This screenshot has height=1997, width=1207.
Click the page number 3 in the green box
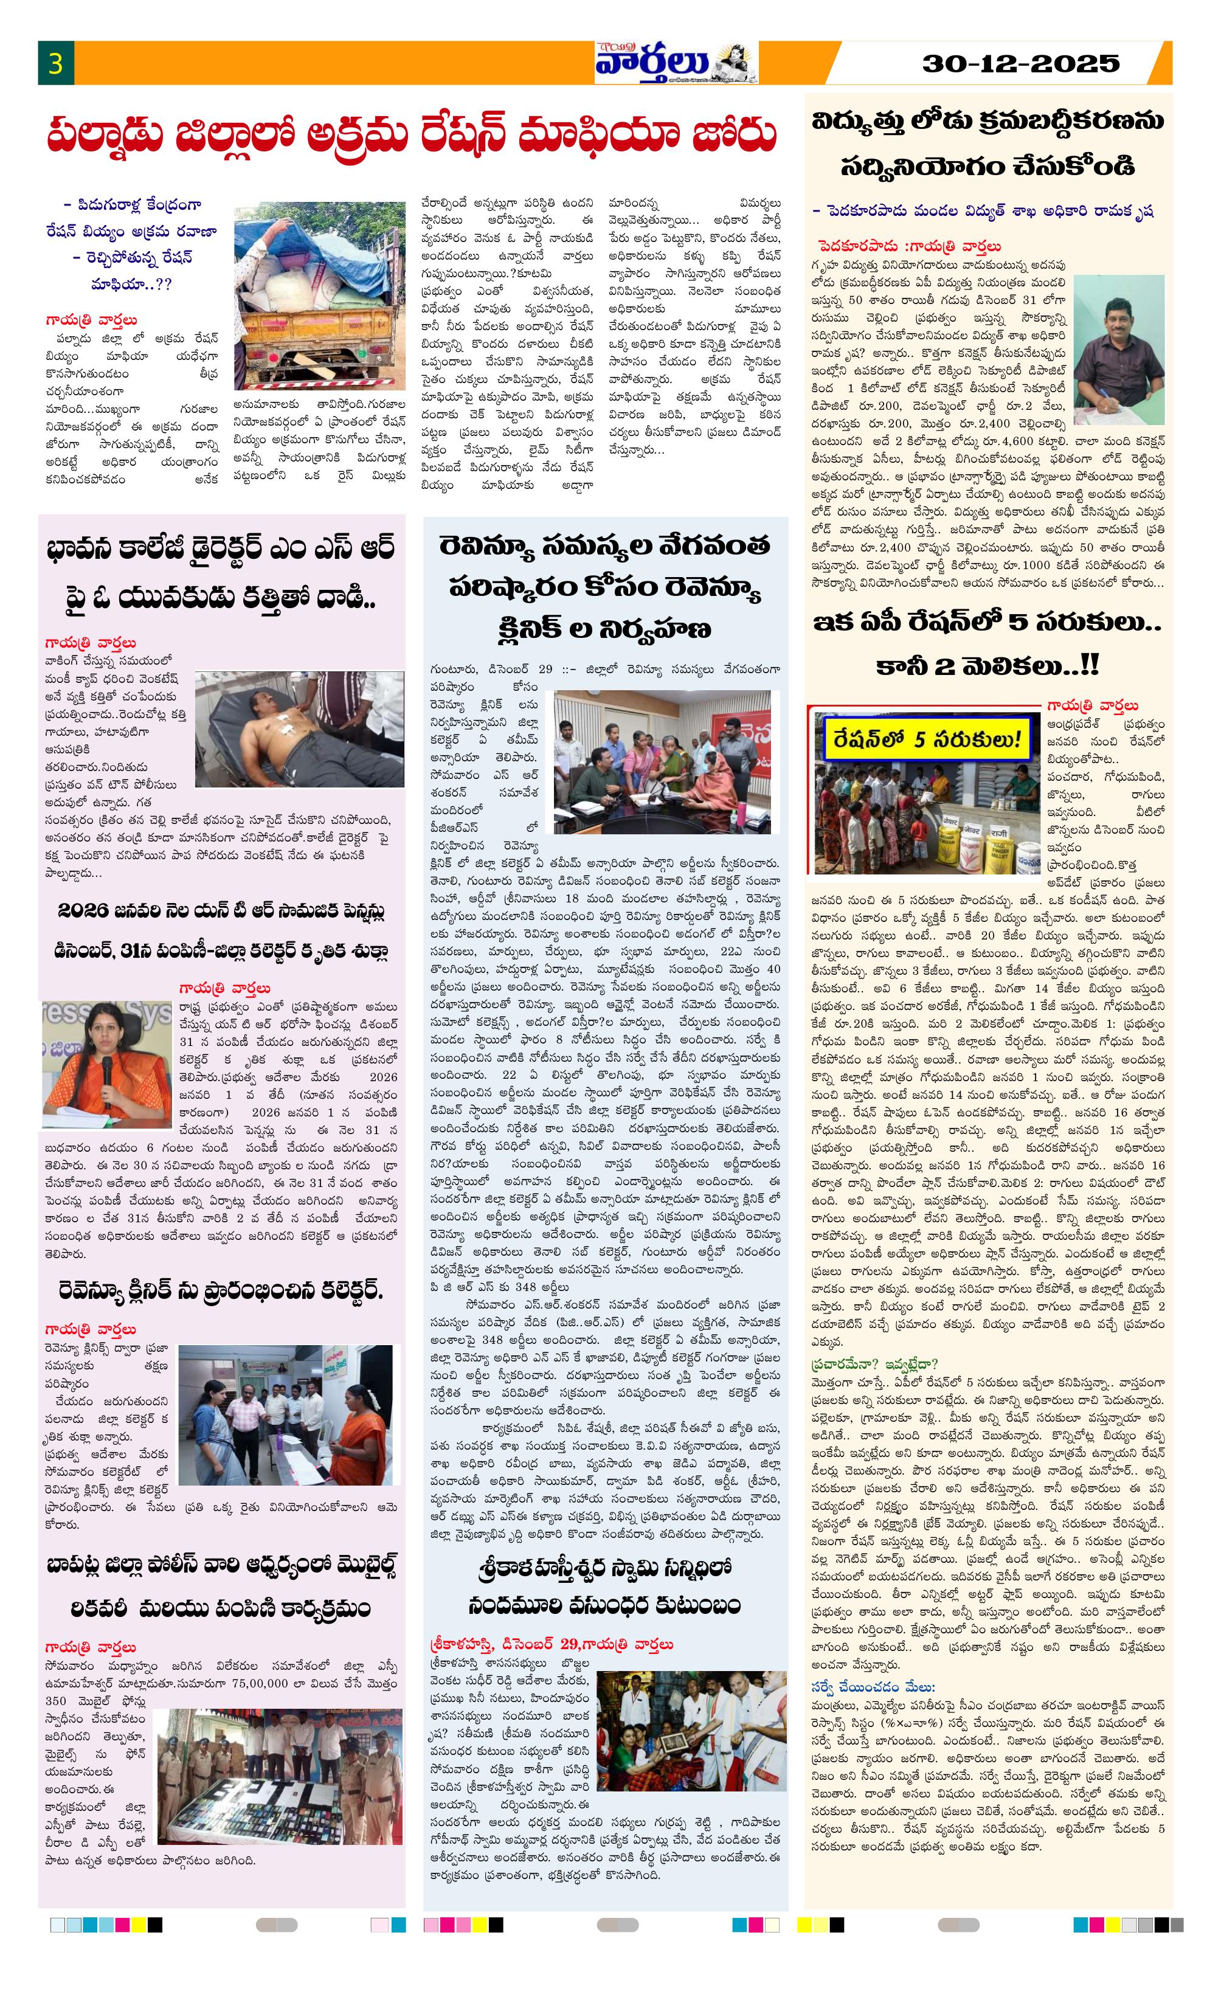(55, 63)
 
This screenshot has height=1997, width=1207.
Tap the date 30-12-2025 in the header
(1020, 63)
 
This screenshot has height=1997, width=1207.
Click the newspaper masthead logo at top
(675, 63)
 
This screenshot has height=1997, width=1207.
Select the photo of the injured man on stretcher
(299, 728)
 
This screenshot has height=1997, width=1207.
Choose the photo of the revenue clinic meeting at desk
(666, 762)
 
